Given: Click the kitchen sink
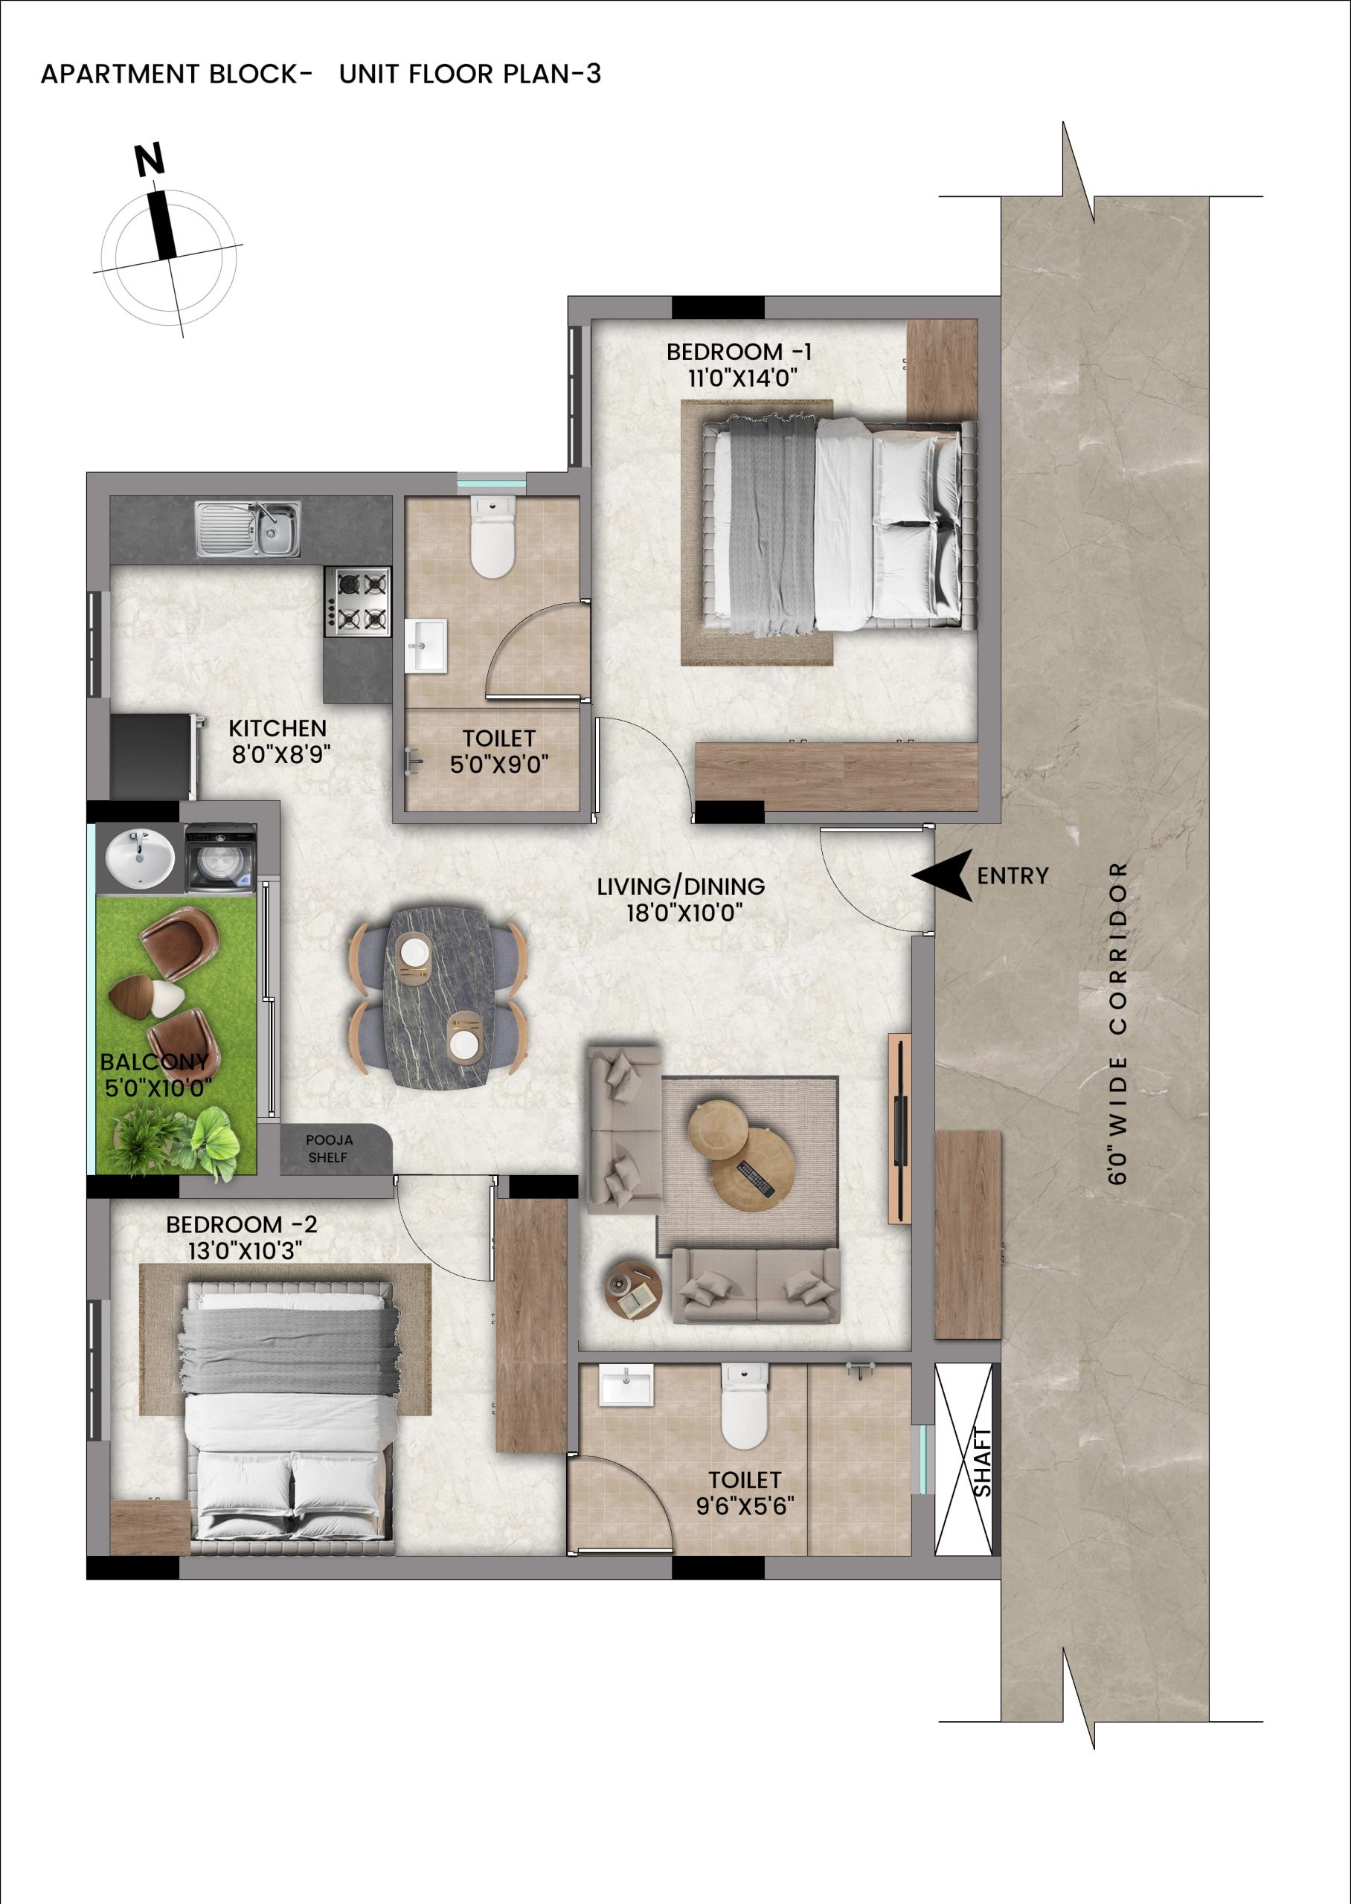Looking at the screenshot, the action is [248, 529].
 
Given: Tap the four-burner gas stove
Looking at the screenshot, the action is [358, 602].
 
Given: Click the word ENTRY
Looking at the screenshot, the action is [1013, 875].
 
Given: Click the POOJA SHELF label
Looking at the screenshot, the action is [329, 1148].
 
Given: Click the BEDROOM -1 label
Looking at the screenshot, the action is [739, 352].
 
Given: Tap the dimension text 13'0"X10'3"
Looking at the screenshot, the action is [245, 1250].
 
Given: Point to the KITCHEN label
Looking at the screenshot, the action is [277, 728].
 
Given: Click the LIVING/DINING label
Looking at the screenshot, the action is [681, 887].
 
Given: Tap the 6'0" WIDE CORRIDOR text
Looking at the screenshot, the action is [1119, 1023].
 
